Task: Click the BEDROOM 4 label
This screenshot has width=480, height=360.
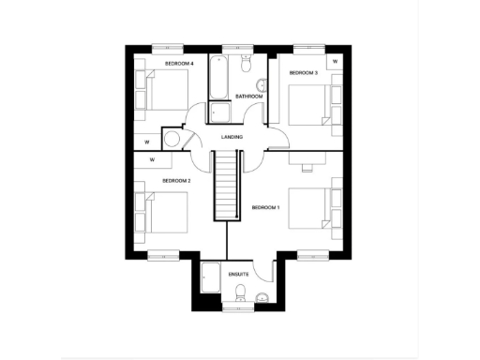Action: tap(179, 63)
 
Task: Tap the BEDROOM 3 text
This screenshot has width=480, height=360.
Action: tap(303, 72)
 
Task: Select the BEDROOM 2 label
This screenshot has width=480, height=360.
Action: tap(176, 180)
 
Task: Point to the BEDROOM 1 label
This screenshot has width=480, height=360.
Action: tap(265, 206)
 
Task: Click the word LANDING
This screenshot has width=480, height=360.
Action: tap(232, 138)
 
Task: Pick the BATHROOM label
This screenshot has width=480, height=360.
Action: tap(248, 97)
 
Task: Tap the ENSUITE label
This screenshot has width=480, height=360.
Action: tap(239, 275)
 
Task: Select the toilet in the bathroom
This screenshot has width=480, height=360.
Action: tap(246, 63)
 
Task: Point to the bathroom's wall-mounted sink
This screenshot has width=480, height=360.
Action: tap(262, 87)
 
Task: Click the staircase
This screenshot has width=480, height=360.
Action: tap(225, 187)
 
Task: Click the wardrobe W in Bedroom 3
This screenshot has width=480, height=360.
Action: tap(335, 63)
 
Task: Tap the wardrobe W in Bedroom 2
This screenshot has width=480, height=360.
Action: tap(151, 160)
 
